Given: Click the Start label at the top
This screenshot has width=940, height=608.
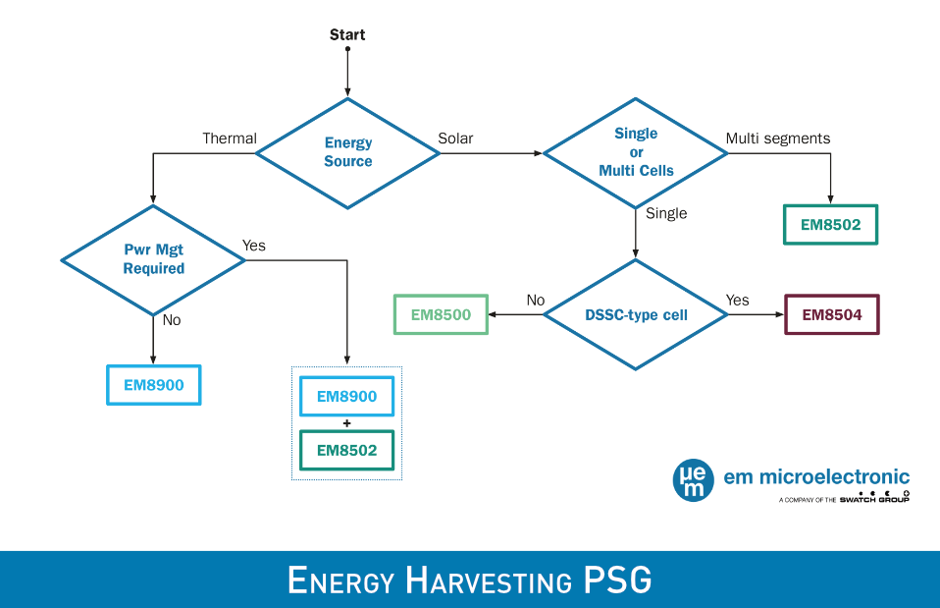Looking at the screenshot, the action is tap(347, 34).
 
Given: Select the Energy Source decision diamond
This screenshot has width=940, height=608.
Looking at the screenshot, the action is tap(347, 153).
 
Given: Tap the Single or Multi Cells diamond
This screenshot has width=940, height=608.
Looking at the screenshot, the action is tap(636, 152).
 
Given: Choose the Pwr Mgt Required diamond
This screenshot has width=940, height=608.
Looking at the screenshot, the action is tap(153, 260).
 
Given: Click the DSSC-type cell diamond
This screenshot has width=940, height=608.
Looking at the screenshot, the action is tap(636, 314).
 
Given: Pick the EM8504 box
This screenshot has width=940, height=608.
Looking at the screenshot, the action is tap(831, 314).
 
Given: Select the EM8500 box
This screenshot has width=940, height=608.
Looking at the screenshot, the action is tap(441, 314).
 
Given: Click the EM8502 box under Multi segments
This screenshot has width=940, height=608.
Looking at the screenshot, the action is tap(830, 225).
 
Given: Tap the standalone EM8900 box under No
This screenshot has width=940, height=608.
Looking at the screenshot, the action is tap(153, 385).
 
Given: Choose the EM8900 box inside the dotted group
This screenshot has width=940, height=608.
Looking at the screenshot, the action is tap(346, 396).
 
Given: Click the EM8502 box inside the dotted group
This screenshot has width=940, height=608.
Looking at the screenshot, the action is tap(346, 450).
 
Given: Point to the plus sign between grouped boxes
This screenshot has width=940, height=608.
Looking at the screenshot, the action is tap(346, 423).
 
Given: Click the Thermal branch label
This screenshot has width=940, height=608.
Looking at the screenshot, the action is tap(230, 138).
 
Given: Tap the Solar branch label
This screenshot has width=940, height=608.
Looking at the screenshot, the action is tap(455, 138).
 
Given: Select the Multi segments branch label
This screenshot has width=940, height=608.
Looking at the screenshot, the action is tap(778, 138).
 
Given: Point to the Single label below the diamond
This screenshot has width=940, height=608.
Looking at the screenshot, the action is tap(666, 214).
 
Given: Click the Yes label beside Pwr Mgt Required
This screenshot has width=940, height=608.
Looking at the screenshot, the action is tap(253, 246).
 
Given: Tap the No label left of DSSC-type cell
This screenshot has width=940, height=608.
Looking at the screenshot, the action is tap(536, 301).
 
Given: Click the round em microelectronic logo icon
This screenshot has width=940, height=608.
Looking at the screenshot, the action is tap(693, 480).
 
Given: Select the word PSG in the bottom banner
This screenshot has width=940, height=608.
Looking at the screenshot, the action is tap(617, 580).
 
